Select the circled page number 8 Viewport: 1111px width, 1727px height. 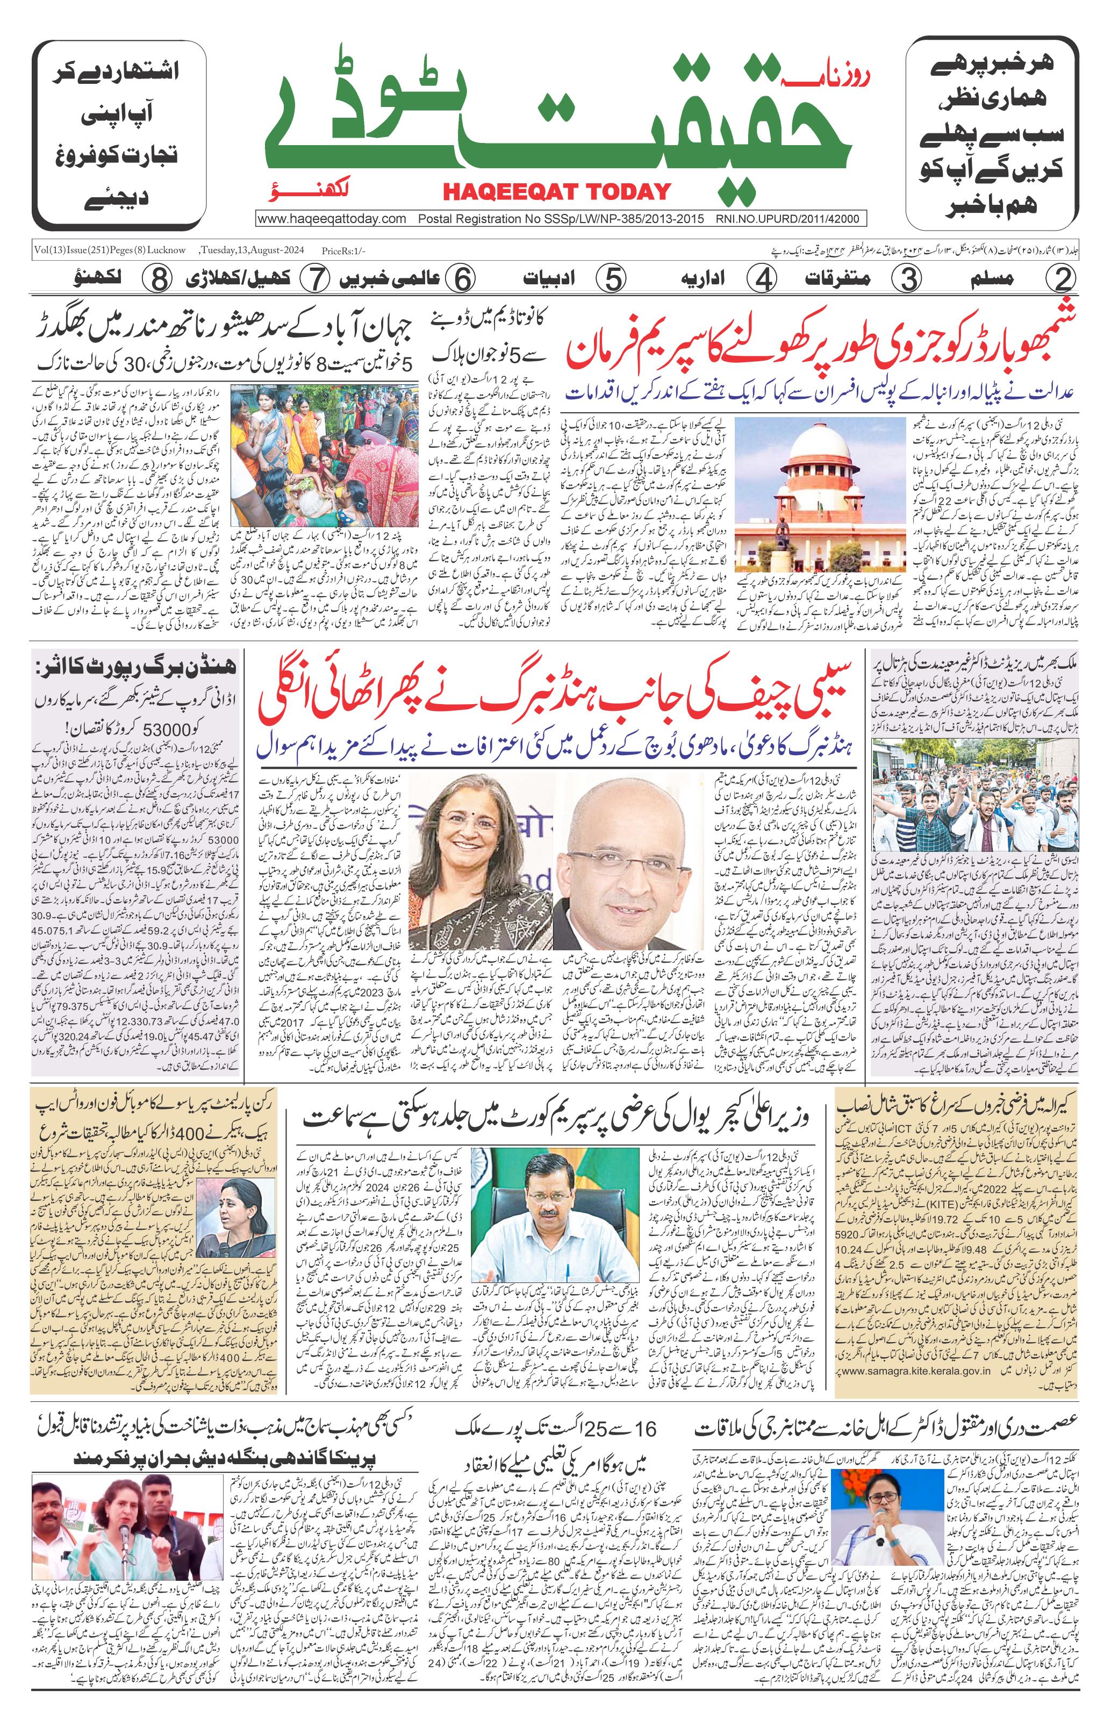click(x=155, y=278)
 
